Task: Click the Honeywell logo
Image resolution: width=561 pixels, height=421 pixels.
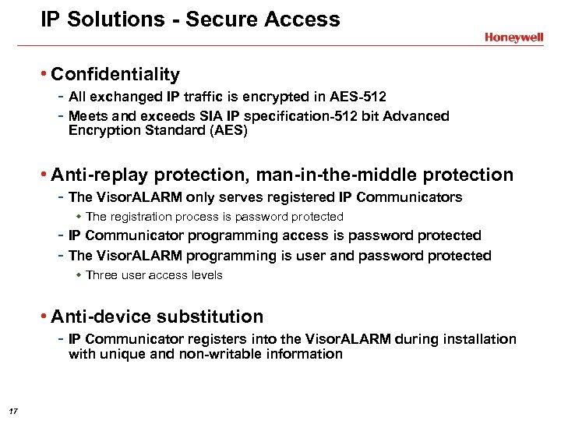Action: pos(513,37)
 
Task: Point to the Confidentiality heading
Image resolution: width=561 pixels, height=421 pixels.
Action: pos(115,75)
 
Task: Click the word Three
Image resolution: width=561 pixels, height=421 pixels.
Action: pos(102,275)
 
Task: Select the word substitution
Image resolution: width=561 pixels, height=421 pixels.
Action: pos(210,317)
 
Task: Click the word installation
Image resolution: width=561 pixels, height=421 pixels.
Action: pos(475,339)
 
